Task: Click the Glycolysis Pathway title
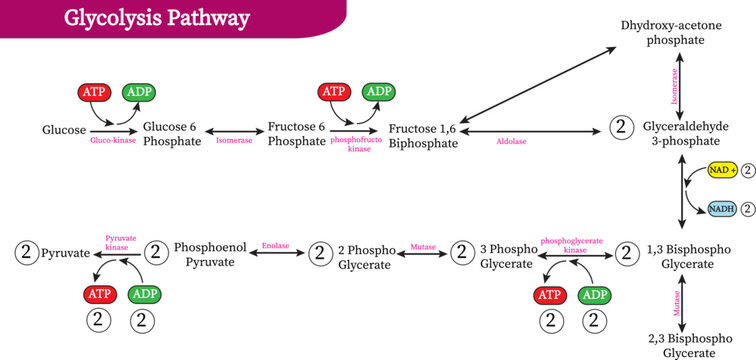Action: tap(157, 18)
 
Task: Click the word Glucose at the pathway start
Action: tap(64, 131)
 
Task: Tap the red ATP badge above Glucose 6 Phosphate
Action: tap(95, 92)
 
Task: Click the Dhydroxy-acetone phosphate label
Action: tap(663, 32)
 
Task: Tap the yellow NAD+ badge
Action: tap(722, 170)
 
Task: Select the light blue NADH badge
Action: tap(722, 208)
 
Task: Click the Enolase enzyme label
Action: tap(276, 243)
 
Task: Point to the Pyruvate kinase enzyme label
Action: tap(120, 243)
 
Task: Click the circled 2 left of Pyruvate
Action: tap(25, 253)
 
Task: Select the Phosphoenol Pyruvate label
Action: tap(204, 253)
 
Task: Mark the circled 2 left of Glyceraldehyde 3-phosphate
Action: tap(622, 128)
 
